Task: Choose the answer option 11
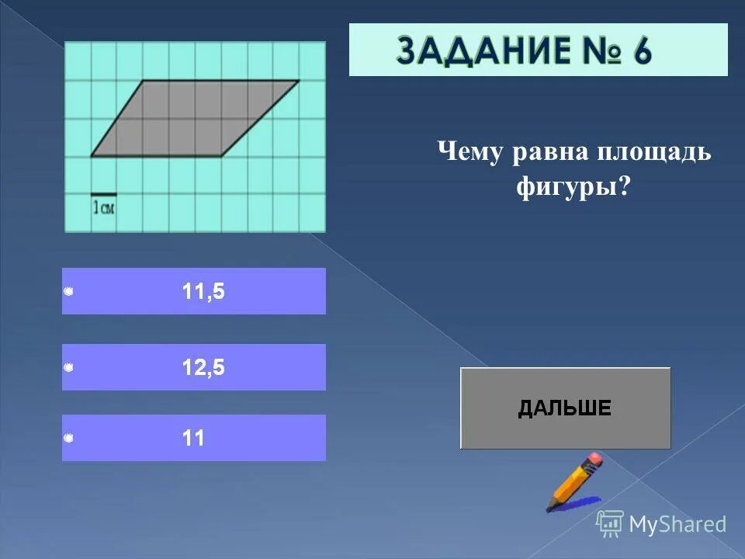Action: point(193,439)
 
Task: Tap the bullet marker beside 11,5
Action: point(68,291)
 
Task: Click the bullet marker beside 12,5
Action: point(68,367)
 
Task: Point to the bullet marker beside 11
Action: point(68,439)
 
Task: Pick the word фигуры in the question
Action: point(567,187)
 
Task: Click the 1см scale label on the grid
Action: point(104,207)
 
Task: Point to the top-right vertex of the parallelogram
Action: point(299,80)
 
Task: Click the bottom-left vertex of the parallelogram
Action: point(91,156)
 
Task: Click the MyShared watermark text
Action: point(677,525)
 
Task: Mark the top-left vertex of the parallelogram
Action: point(144,80)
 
